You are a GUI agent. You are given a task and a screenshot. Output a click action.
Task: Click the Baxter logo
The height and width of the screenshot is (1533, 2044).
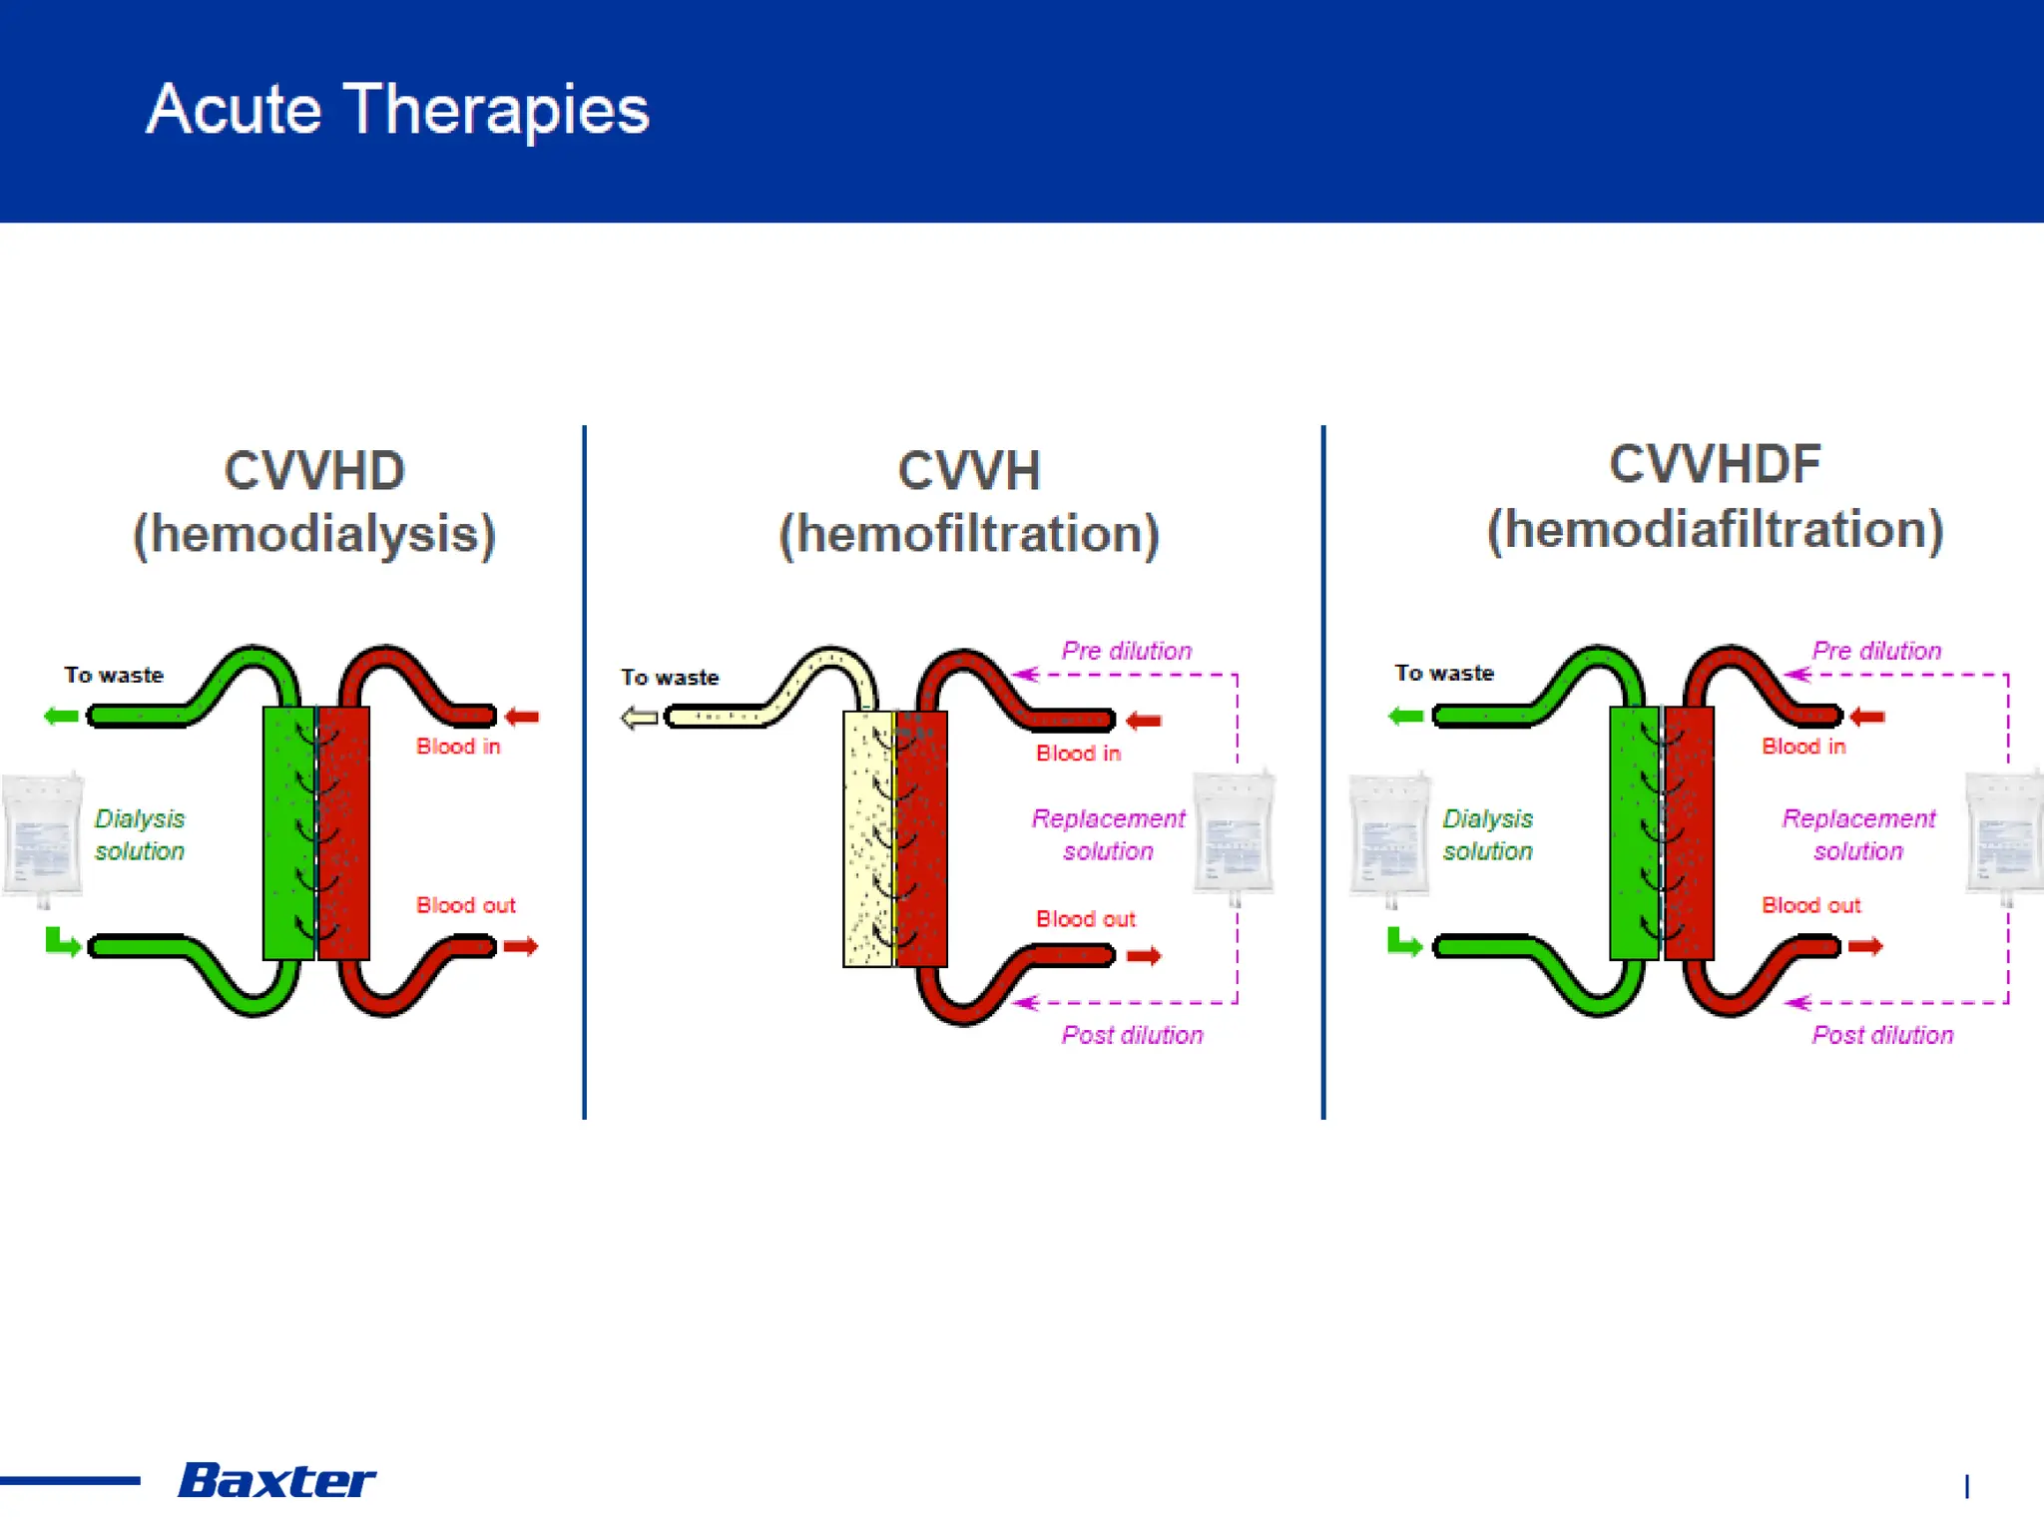(x=276, y=1480)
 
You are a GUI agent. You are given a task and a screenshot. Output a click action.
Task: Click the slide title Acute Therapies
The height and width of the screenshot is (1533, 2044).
(x=397, y=110)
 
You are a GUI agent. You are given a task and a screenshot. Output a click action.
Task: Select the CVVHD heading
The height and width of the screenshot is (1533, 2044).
(x=314, y=471)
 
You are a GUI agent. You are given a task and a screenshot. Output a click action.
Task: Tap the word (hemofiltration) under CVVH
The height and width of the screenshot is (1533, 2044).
(x=968, y=534)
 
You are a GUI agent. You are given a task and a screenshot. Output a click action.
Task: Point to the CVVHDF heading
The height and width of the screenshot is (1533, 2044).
(x=1715, y=465)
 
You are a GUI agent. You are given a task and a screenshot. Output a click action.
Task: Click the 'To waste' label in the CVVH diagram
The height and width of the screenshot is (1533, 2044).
(x=670, y=678)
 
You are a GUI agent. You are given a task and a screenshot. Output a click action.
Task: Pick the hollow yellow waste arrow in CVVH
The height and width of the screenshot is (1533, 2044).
(x=639, y=718)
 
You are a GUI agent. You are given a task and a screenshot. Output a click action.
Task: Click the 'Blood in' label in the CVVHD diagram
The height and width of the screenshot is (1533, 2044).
(x=458, y=747)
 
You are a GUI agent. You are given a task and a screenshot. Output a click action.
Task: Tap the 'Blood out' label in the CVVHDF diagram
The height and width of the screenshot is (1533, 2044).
(x=1810, y=905)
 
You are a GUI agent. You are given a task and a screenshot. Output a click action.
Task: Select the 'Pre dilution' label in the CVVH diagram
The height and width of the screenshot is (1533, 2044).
(x=1126, y=651)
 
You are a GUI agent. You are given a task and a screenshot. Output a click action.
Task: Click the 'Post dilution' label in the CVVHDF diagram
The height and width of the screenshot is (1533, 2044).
(x=1882, y=1035)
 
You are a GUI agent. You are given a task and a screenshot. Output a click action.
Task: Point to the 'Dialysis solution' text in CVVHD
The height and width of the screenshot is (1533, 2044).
(x=140, y=834)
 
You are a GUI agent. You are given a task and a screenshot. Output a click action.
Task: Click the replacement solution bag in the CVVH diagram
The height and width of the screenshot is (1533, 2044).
(x=1234, y=833)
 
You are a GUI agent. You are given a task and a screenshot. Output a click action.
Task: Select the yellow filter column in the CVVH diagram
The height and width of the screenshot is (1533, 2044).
(x=867, y=838)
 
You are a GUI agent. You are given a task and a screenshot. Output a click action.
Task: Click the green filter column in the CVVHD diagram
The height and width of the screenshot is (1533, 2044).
(x=287, y=833)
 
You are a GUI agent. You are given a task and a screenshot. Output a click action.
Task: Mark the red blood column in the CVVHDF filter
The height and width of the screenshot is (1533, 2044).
(x=1690, y=833)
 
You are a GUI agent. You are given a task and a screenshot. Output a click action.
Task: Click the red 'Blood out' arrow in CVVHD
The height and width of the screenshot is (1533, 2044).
(x=521, y=946)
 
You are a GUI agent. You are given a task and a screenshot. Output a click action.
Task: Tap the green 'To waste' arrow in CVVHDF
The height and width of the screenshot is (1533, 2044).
(x=1405, y=717)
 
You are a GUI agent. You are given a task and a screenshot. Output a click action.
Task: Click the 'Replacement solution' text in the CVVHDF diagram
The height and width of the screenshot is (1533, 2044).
(x=1858, y=834)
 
